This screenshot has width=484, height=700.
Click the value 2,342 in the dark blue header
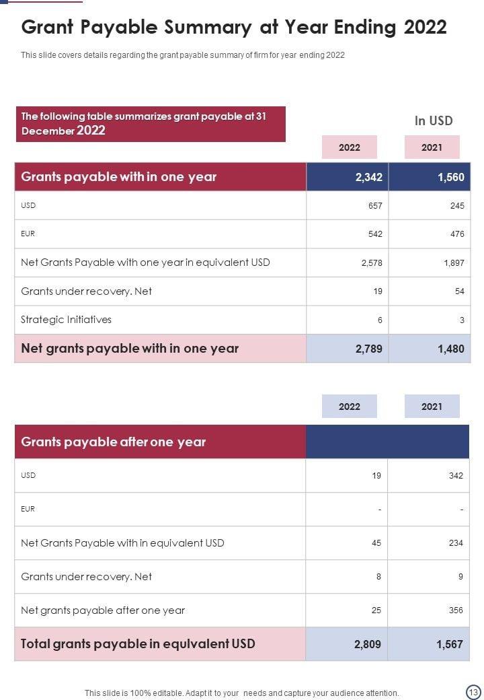(368, 177)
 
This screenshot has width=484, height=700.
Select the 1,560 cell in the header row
(450, 177)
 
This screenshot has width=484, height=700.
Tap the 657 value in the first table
(375, 205)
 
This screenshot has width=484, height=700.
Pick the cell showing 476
(457, 234)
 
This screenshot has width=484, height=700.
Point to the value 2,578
(372, 262)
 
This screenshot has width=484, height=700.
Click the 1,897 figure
(454, 262)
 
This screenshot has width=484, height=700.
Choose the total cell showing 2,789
(368, 349)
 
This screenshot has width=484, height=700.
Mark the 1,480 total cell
(450, 349)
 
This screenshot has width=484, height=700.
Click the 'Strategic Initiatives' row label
(66, 320)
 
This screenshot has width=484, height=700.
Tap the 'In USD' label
(433, 121)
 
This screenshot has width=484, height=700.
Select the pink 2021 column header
(432, 147)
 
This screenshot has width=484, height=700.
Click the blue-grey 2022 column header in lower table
(350, 407)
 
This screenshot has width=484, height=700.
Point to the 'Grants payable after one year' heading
(113, 442)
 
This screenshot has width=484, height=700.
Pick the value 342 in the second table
(456, 475)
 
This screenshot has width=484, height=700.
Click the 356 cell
(456, 610)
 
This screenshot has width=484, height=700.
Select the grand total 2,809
(368, 644)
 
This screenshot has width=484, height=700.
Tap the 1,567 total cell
(450, 644)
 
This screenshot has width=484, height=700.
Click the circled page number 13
(473, 692)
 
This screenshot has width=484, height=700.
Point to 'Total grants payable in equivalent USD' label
(138, 643)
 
